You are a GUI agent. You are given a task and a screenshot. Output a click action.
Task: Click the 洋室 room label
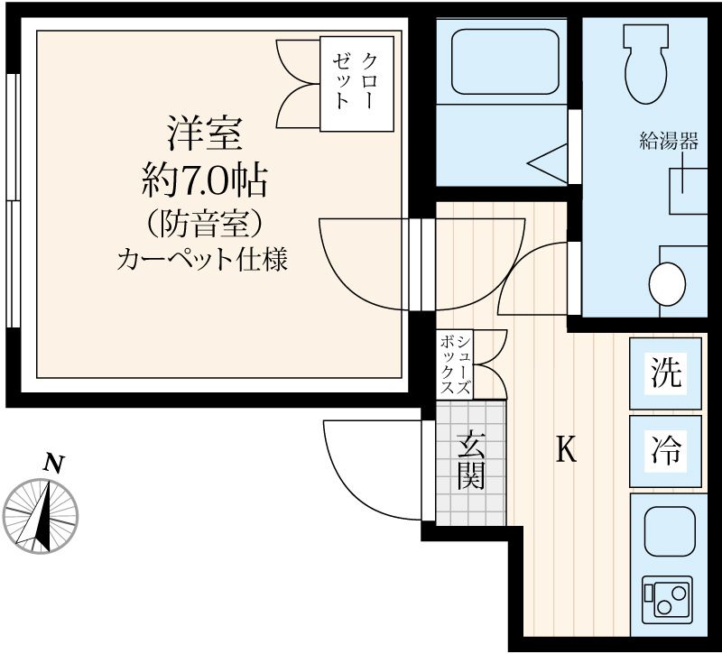click(x=203, y=135)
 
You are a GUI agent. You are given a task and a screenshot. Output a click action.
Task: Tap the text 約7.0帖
click(x=203, y=183)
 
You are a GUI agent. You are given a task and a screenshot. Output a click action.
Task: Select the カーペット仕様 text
click(x=203, y=262)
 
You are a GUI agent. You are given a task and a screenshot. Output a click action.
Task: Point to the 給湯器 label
click(x=669, y=141)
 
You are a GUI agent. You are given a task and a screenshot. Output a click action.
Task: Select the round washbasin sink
click(x=669, y=284)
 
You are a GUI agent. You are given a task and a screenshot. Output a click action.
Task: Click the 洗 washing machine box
click(x=666, y=372)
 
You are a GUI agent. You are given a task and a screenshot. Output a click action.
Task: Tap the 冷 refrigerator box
click(x=666, y=448)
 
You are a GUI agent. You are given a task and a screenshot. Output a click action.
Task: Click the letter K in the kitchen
click(x=565, y=448)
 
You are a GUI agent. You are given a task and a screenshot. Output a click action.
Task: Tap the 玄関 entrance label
click(x=470, y=461)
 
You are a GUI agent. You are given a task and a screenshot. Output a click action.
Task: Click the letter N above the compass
click(x=54, y=464)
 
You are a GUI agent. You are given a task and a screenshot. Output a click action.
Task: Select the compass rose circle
click(x=42, y=517)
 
